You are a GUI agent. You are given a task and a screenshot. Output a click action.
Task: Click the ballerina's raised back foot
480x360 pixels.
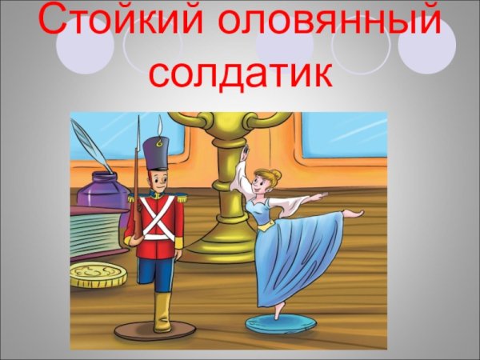352,213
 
